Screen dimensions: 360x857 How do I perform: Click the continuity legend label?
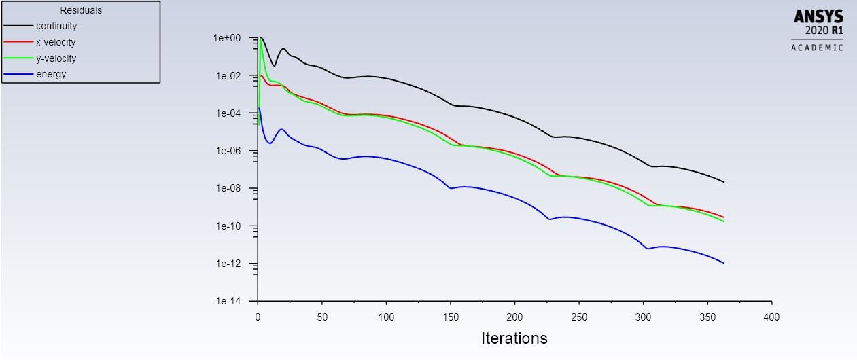pos(56,26)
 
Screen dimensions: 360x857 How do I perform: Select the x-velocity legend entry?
pos(56,42)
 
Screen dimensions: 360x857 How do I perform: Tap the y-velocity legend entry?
pos(56,58)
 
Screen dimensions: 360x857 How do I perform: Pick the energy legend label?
pos(51,74)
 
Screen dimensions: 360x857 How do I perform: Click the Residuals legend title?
pos(81,10)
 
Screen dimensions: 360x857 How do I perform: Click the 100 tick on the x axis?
pos(386,317)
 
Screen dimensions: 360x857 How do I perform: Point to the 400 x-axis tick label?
pos(772,317)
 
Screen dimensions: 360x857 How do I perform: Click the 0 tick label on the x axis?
pos(258,317)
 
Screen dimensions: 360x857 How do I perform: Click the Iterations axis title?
pos(514,338)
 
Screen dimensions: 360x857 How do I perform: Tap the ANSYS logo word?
pos(818,16)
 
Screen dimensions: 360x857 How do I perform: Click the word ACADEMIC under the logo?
pos(817,48)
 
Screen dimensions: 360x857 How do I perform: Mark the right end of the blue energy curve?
pos(724,263)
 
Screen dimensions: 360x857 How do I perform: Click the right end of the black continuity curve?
pos(724,182)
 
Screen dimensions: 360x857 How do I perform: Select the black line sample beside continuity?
pos(18,26)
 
